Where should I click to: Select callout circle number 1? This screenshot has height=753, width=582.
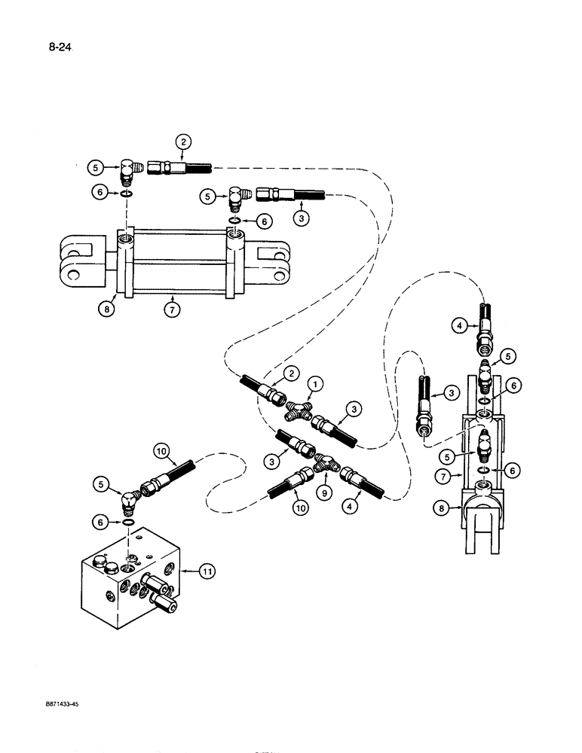[317, 385]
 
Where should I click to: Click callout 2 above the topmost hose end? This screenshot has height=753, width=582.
[182, 141]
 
